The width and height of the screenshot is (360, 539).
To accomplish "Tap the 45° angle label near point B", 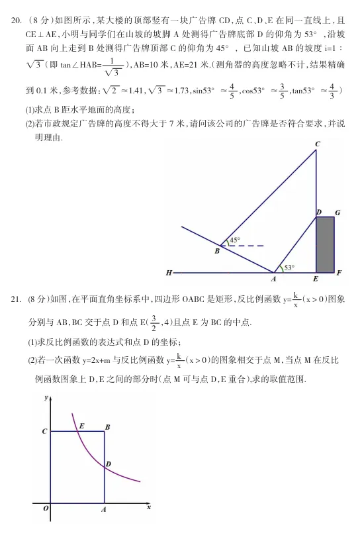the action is tap(235, 240).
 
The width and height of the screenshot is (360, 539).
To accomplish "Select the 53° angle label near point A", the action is tap(289, 268).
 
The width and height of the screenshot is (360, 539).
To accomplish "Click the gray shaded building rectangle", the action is tap(324, 244).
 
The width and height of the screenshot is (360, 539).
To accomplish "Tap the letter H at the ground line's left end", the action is tap(169, 273).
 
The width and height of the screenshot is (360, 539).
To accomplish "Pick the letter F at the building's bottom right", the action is tap(339, 273).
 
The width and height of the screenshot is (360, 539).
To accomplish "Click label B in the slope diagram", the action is tap(216, 251).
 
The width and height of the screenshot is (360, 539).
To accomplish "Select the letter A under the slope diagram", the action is tap(273, 279).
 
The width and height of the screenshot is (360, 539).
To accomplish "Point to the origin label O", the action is tap(46, 509).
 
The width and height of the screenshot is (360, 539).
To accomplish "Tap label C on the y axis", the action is tap(44, 431).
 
